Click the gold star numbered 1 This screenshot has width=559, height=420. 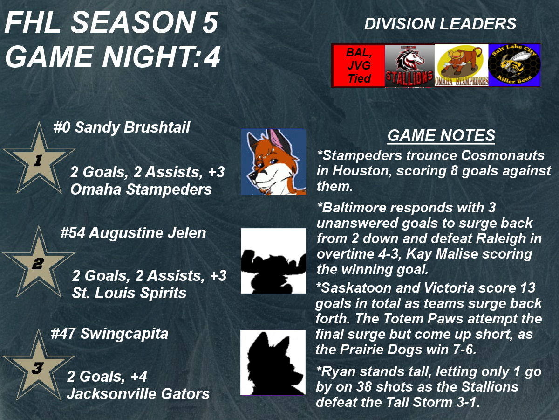click(39, 160)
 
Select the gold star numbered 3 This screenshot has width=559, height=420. click(39, 367)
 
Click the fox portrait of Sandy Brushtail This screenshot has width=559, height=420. click(273, 162)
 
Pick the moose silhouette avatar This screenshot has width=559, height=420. click(273, 260)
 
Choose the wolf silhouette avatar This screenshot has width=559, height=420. click(273, 363)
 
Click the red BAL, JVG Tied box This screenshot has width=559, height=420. click(359, 65)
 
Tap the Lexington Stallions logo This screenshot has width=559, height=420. click(409, 65)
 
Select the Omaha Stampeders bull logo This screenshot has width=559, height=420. click(461, 65)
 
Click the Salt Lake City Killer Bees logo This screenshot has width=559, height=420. click(514, 65)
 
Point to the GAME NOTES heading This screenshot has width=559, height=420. click(441, 135)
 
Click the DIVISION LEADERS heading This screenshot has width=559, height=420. click(440, 24)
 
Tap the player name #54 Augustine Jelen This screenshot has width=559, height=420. click(133, 233)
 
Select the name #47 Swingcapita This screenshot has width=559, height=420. click(109, 334)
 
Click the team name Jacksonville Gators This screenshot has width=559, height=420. click(138, 393)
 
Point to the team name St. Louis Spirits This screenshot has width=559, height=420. click(129, 293)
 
